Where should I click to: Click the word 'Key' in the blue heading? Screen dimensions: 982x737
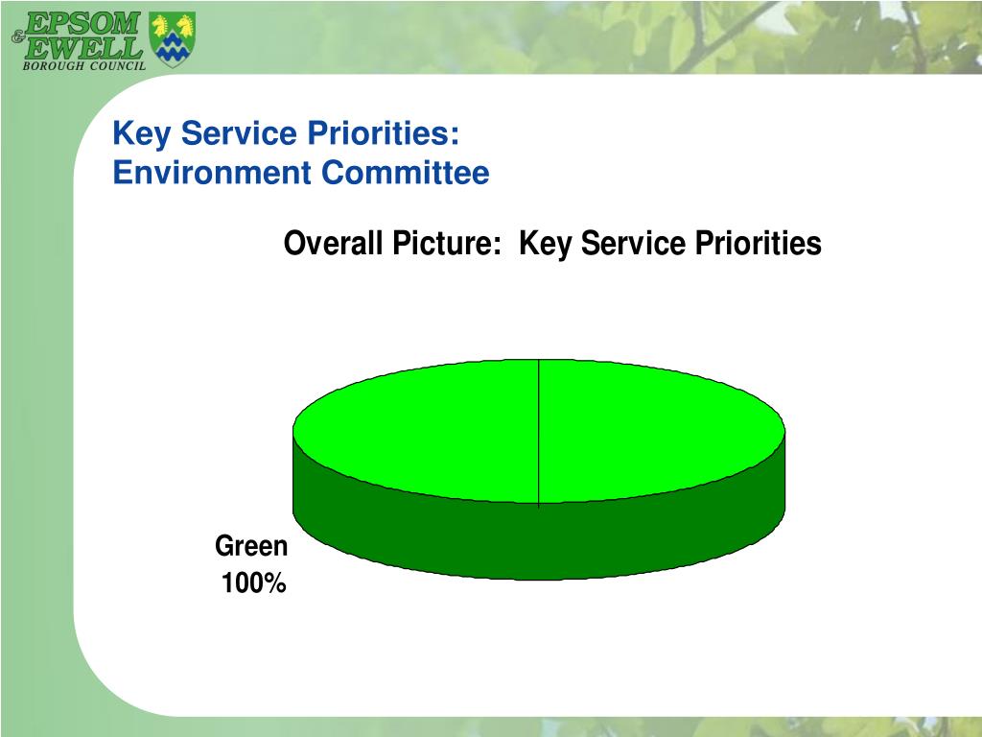click(x=141, y=134)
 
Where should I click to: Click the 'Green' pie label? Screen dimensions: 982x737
click(x=251, y=546)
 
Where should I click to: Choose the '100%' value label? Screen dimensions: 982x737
click(x=254, y=583)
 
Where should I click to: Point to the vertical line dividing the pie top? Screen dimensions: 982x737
click(x=539, y=432)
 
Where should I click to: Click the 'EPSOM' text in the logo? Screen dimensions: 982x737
click(x=83, y=23)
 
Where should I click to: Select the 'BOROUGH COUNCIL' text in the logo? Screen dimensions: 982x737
click(x=84, y=66)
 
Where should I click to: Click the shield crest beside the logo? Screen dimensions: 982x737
click(x=173, y=39)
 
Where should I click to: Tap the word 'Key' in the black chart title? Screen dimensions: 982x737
click(x=545, y=244)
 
